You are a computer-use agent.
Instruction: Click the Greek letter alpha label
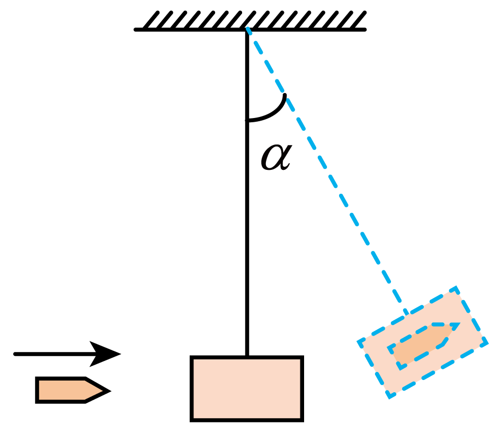tap(276, 157)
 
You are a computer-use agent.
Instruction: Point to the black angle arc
tap(273, 113)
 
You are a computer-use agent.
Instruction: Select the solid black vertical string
tap(247, 193)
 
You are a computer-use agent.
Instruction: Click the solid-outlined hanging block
tap(247, 388)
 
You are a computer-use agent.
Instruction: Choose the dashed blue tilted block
tap(422, 342)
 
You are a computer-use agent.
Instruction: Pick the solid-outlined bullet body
tap(73, 390)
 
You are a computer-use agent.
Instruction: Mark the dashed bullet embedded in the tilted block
tap(423, 345)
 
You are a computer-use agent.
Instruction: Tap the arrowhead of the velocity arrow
tap(105, 354)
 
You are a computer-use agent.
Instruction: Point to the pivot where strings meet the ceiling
tap(247, 30)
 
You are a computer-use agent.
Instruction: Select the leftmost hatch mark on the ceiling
tap(151, 21)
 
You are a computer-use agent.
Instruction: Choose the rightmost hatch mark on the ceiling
tap(358, 21)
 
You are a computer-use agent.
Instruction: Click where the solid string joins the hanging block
tap(247, 356)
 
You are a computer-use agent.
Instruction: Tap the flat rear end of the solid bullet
tap(37, 390)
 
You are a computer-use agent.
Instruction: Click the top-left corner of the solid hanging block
tap(191, 357)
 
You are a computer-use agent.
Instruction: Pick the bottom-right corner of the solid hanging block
tap(303, 420)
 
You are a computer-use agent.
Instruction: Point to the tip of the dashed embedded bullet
tap(459, 323)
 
